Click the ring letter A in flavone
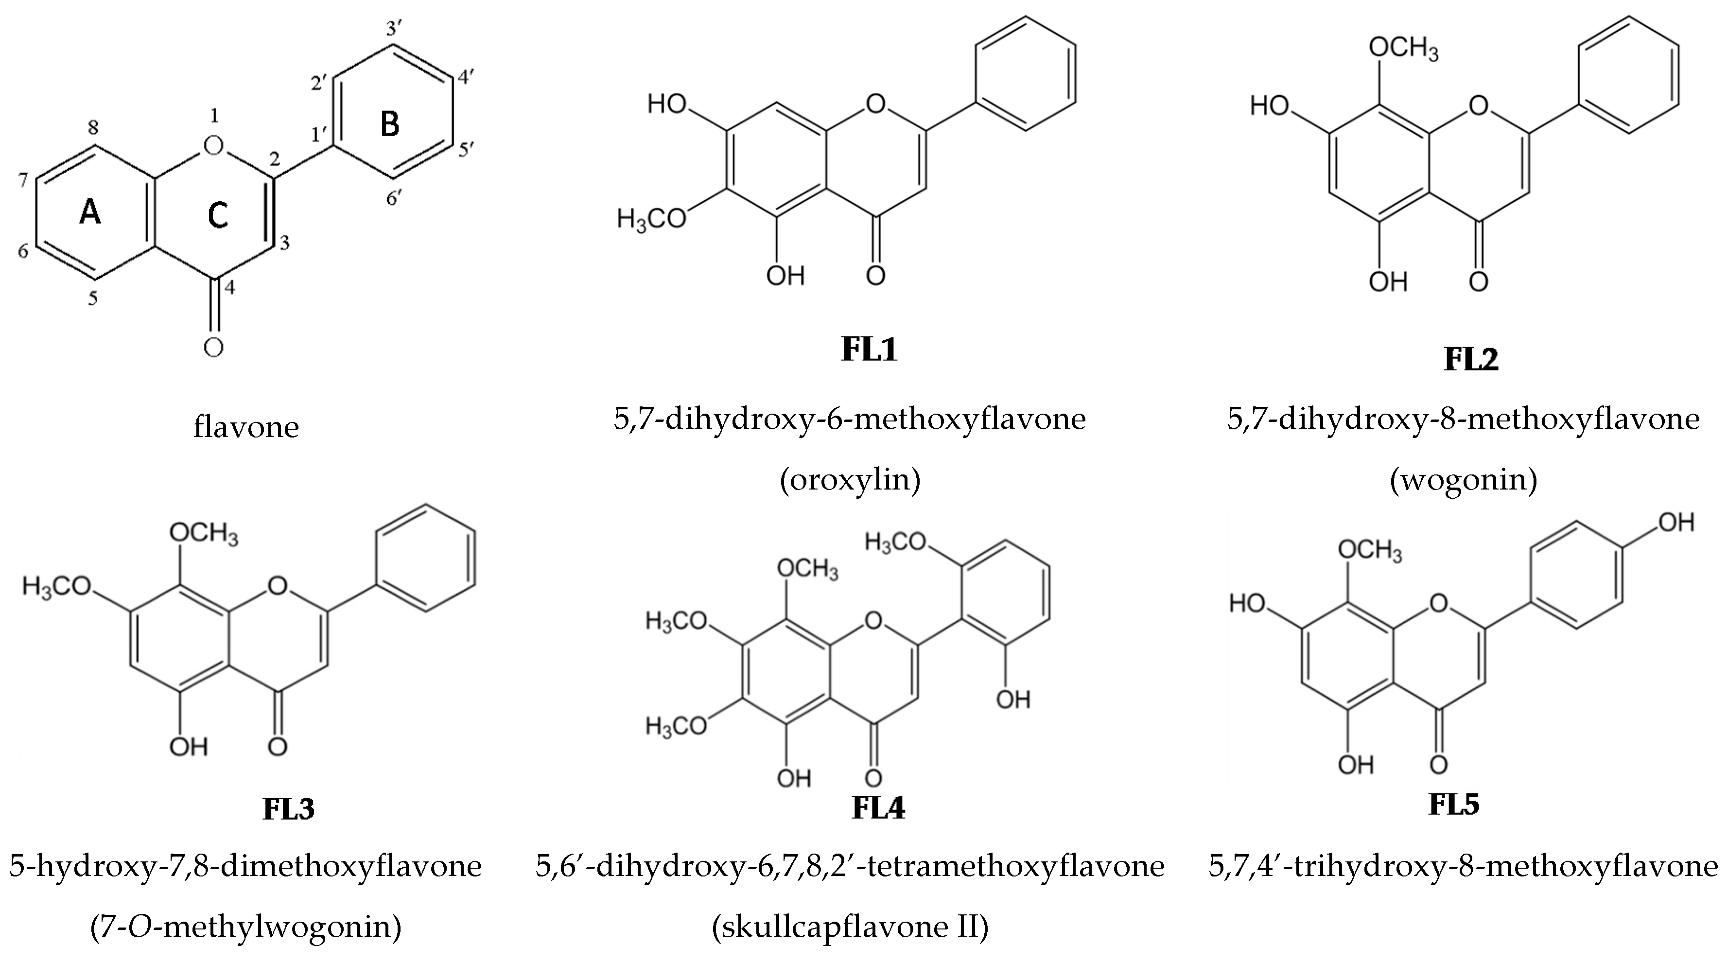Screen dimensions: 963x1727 click(90, 213)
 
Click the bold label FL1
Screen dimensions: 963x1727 click(869, 350)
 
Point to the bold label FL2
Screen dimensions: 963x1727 click(1470, 359)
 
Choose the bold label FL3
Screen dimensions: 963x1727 click(288, 809)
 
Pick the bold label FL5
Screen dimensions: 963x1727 click(1453, 804)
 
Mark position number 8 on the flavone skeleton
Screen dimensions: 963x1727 click(94, 128)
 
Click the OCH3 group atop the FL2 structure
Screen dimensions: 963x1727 click(1403, 49)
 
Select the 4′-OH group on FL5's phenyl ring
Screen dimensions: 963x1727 click(1675, 523)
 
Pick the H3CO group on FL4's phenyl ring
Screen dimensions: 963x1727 click(896, 543)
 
